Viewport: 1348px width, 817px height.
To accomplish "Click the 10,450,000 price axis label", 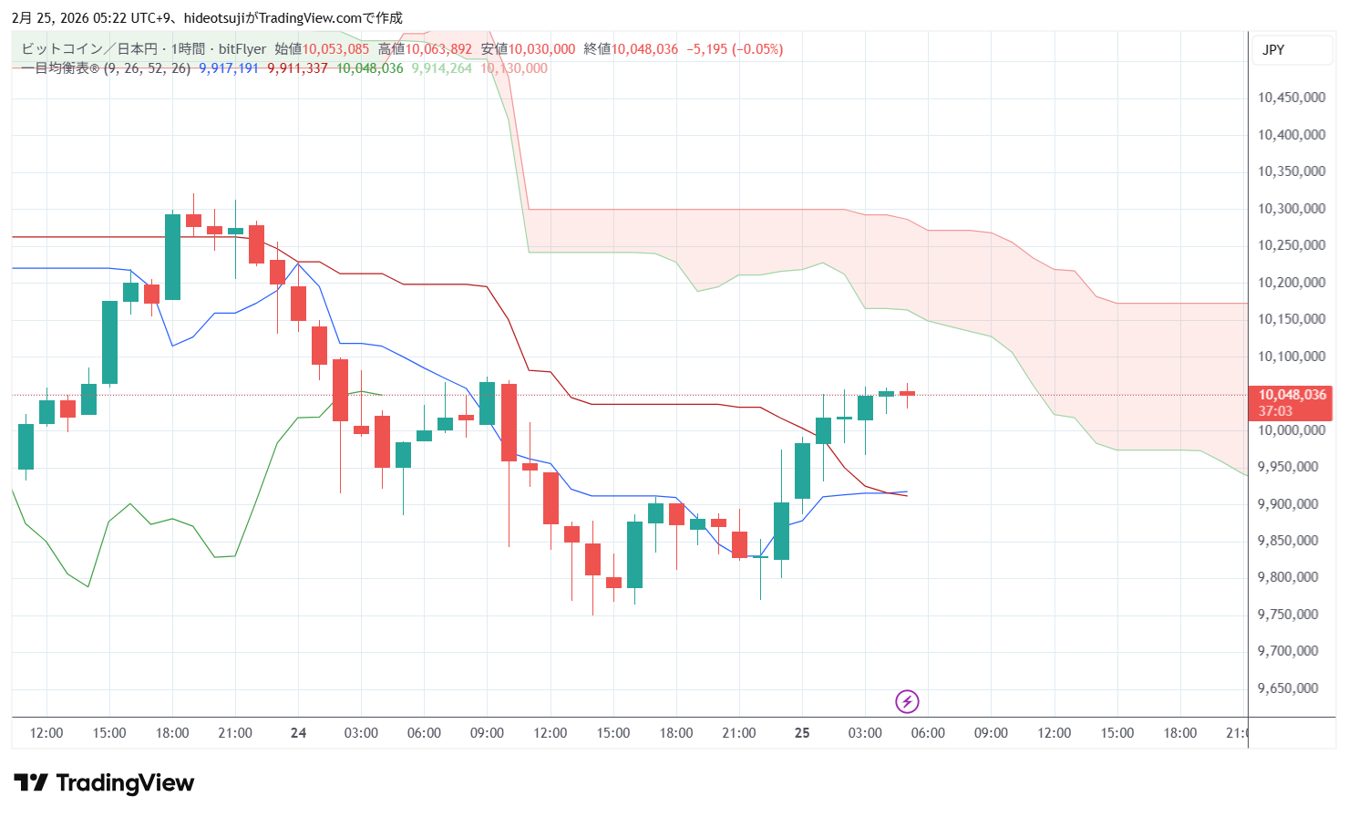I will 1291,98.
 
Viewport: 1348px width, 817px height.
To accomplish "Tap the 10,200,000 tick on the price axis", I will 1291,283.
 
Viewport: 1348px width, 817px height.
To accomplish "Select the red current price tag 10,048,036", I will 1291,395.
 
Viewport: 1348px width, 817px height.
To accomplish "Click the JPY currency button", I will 1273,50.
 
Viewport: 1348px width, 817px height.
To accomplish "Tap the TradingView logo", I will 104,783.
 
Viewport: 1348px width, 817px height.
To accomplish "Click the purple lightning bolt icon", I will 906,701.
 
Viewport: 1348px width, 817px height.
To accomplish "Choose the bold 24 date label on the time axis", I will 298,733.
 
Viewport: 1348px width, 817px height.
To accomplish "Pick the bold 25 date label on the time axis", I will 802,733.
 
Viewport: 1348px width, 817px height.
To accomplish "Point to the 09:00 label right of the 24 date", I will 487,733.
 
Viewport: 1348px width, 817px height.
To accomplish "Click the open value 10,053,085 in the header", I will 335,49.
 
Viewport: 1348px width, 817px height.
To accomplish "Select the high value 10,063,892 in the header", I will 438,49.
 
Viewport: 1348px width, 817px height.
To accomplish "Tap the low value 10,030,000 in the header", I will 541,49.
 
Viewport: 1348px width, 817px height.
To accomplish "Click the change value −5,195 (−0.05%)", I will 735,49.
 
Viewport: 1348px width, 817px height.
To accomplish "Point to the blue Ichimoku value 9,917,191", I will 229,68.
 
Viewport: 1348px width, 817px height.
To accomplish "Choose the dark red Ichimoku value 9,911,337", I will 297,68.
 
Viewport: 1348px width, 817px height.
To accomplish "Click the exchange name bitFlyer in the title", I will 242,49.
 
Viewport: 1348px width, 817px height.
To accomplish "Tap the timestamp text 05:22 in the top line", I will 111,18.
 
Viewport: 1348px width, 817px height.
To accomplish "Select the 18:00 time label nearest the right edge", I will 1179,733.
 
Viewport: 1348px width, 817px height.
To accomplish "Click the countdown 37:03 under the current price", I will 1275,411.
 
